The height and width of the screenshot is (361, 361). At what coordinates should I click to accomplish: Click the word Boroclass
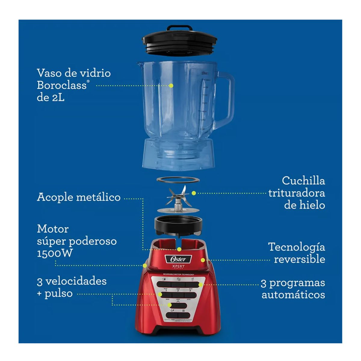click(x=61, y=85)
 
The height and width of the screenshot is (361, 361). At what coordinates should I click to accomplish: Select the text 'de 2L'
click(x=50, y=97)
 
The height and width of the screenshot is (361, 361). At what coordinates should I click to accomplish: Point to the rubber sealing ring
click(x=178, y=180)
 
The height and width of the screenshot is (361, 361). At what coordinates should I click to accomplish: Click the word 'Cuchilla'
click(x=303, y=181)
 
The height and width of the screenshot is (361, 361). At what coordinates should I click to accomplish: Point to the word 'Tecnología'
click(x=296, y=247)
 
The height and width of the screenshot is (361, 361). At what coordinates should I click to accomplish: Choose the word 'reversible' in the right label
click(x=299, y=259)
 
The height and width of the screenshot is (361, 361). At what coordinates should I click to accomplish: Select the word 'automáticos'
click(x=293, y=295)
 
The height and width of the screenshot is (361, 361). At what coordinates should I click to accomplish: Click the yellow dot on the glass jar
click(x=171, y=85)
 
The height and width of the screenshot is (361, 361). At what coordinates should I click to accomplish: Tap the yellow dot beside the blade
click(x=194, y=193)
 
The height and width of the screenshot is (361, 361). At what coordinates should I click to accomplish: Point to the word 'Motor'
click(x=53, y=229)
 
